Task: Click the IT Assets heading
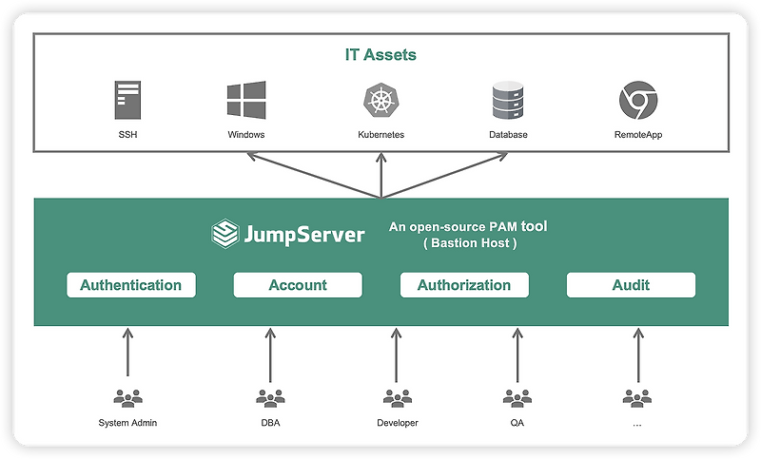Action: point(380,55)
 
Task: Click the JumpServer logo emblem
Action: point(224,234)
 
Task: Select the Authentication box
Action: point(130,285)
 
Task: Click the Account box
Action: point(298,285)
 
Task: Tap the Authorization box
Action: point(464,285)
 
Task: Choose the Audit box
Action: point(631,285)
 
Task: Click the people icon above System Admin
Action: point(127,398)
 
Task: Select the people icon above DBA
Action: point(270,398)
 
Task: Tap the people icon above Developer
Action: point(397,398)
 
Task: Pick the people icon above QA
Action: point(517,398)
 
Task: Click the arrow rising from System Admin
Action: point(127,355)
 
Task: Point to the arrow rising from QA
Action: point(517,355)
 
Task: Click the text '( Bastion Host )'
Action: point(468,244)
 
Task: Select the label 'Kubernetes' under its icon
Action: point(380,135)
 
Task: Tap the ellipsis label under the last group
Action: point(636,423)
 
